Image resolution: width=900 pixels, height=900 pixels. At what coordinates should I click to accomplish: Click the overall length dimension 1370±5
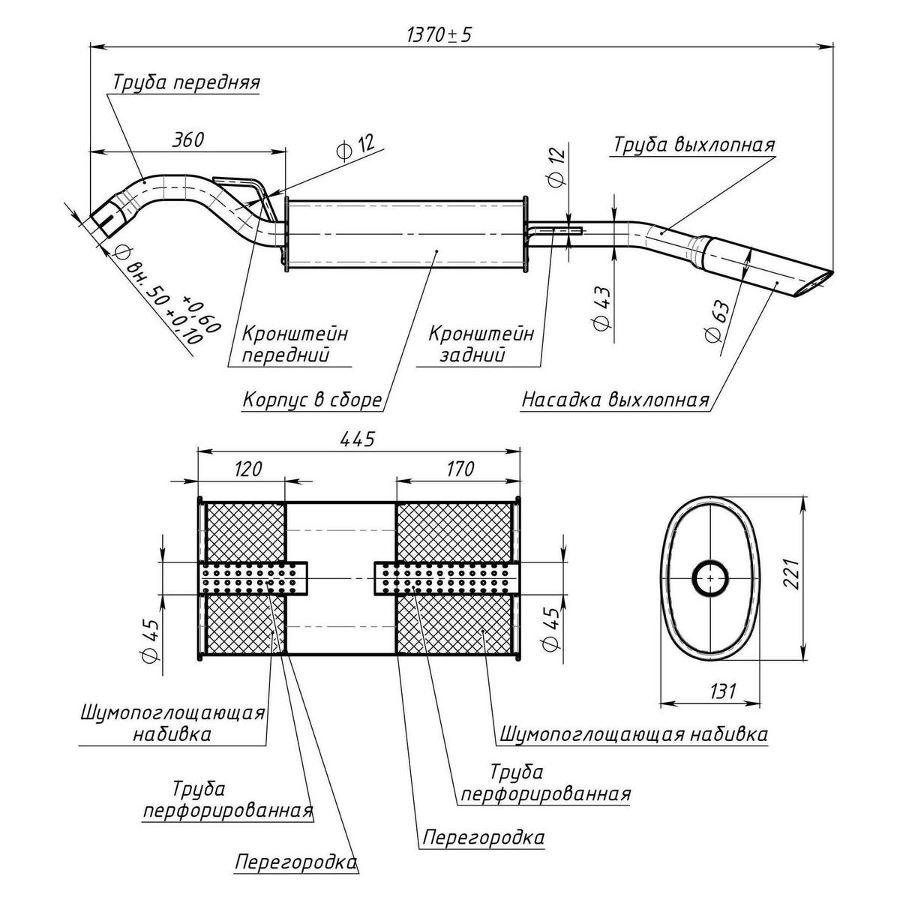(439, 35)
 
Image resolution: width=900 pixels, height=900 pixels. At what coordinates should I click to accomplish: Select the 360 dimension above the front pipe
(187, 139)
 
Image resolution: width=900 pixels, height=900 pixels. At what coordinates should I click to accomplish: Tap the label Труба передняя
(186, 82)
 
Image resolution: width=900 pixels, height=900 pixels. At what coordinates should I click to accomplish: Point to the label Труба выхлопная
(694, 145)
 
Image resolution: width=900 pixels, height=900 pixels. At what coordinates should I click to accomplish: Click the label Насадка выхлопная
(615, 400)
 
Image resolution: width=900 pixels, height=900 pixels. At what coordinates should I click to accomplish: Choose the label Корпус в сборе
(312, 400)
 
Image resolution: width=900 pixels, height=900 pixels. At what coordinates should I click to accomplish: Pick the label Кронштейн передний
(294, 343)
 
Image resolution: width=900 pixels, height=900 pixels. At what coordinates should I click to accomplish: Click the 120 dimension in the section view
(247, 469)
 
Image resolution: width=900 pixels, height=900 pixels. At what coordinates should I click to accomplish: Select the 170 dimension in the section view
(458, 469)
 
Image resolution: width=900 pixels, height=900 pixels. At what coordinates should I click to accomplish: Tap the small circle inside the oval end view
(709, 578)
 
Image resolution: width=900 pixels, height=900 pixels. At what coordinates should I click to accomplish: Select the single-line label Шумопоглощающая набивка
(634, 733)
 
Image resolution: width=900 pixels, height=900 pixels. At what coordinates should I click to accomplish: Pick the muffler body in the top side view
(405, 233)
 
